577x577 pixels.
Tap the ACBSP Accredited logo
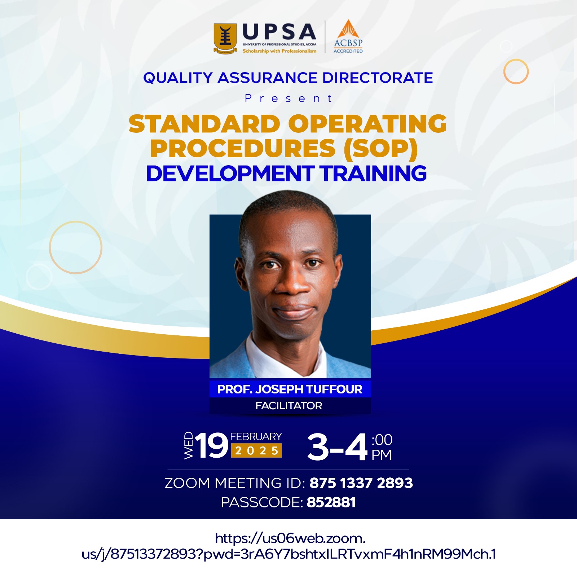coord(348,36)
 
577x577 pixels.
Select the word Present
coord(288,98)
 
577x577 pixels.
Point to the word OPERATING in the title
coord(367,124)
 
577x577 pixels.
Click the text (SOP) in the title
coord(381,149)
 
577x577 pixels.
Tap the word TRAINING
coord(374,173)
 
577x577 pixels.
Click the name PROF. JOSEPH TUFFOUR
coord(290,389)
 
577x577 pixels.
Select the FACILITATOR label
coord(289,406)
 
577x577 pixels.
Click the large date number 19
coord(212,446)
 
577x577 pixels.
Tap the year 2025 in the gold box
coord(257,450)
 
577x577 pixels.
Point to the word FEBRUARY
coord(256,437)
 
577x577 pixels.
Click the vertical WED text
coord(189,445)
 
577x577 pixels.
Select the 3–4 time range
coord(338,447)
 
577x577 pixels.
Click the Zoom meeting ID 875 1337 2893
coord(361,483)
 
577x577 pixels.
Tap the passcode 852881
coord(331,502)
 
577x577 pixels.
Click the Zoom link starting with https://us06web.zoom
coord(289,546)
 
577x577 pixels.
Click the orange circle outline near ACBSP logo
coord(516,60)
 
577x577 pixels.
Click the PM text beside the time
coord(382,455)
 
